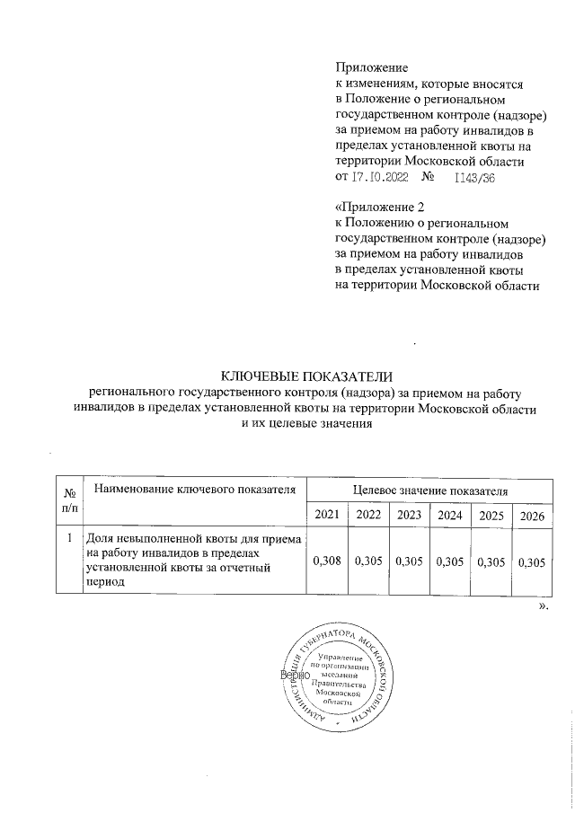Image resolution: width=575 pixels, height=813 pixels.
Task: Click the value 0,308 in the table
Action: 326,561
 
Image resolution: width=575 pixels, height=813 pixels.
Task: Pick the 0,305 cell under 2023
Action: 409,561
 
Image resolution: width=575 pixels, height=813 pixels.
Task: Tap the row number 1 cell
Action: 68,539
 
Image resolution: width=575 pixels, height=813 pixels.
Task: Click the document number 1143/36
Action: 476,179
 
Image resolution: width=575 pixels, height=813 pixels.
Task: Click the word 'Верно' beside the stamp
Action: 295,674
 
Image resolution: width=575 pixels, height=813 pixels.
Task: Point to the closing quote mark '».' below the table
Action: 542,607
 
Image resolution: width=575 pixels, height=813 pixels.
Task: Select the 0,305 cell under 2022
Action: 368,561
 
